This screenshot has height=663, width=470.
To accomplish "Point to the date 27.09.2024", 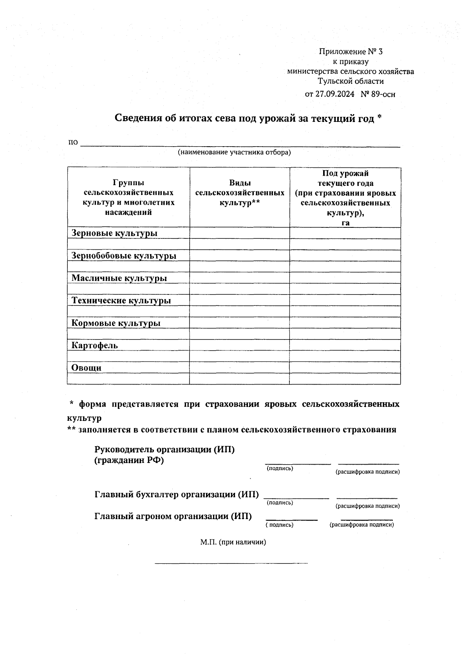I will pos(335,94).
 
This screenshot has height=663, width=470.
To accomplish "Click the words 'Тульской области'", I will pos(351,82).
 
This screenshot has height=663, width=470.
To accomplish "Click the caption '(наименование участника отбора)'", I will pos(234,152).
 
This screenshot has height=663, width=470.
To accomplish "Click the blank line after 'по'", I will pos(240,143).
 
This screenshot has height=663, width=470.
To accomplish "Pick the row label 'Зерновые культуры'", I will pos(114,233).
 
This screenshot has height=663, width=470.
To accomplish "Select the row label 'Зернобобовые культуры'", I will pos(124,256).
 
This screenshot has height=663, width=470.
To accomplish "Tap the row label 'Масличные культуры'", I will pos(119,278).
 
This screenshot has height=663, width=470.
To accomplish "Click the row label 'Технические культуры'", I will pos(121,301).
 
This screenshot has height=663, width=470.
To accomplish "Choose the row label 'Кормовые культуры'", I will pos(116,323).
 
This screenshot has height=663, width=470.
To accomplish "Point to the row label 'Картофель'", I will pos(94,345).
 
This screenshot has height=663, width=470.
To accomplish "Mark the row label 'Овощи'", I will pos(87,368).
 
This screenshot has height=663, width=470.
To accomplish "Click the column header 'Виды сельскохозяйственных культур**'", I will pos(240,193).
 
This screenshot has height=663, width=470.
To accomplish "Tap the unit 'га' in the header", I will pos(345,223).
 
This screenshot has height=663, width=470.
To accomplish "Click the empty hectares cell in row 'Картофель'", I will pos(345,345).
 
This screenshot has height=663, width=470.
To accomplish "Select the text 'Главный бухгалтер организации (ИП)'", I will pos(177,494).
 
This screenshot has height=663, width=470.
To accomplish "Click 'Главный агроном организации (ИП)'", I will pos(173,516).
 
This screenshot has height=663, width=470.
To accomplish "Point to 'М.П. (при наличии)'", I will pos(233,542).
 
